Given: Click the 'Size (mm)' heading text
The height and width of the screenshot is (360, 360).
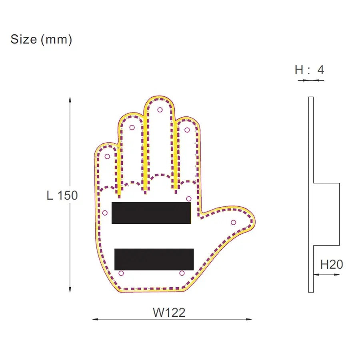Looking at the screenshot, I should coord(41,40).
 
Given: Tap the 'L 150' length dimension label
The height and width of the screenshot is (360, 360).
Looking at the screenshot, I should coord(62,196).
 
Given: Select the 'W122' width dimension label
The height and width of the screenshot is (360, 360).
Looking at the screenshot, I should coord(169,312).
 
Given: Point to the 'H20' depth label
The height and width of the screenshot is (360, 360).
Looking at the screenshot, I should coord(332,264).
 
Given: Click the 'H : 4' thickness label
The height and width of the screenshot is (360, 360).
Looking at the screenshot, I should coord(309,70).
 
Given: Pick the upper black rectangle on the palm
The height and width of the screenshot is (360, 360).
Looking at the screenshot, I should coord(151,213).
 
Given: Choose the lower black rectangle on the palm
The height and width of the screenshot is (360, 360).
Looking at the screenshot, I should coord(154,259).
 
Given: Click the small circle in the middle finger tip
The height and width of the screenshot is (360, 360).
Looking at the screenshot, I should coord(160,110).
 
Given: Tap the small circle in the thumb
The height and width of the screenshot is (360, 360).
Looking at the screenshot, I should coord(233,222).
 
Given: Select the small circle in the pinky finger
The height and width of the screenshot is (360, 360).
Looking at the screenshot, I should coord(107,156).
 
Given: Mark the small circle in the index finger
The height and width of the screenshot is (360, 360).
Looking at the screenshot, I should coord(187,130).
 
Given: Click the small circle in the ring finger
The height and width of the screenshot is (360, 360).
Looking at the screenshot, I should coord(132,128).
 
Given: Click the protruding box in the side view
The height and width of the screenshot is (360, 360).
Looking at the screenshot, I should coord(326,214).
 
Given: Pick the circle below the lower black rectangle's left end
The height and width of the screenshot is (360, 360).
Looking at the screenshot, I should coord(121,273).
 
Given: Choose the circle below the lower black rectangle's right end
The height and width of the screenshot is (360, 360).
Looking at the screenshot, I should coord(182,273).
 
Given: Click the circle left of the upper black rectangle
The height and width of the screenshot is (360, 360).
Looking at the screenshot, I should coord(105,213).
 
